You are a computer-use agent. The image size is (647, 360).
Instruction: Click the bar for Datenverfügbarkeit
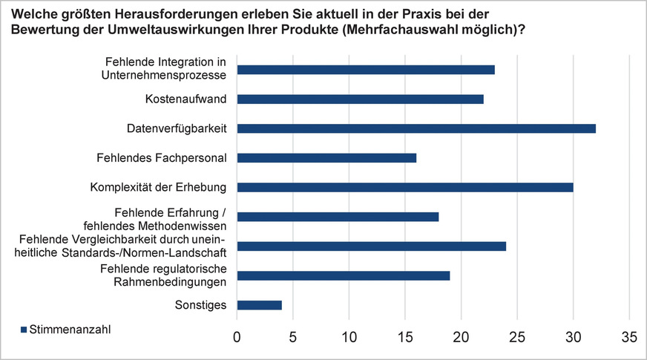pos(416,128)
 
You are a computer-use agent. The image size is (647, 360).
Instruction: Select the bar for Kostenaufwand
pos(360,99)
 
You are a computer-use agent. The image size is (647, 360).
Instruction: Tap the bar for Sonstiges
pos(259,304)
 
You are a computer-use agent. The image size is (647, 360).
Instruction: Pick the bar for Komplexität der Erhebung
pos(404,187)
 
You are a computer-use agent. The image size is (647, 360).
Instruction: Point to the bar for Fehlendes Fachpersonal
pos(326,157)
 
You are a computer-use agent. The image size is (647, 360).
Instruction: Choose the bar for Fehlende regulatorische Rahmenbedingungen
pos(343,275)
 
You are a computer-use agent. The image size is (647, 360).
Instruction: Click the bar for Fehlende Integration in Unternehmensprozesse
pos(365,70)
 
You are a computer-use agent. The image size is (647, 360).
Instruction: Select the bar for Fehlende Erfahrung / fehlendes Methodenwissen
pos(338,217)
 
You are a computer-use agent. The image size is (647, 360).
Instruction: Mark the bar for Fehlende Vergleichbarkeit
pos(371,246)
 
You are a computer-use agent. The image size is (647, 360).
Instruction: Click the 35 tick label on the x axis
pos(629,337)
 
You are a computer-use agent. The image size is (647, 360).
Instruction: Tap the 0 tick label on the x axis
pos(237,337)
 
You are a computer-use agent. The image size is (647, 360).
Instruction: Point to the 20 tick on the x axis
pos(461,337)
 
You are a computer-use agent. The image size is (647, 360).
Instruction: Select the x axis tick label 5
pos(292,337)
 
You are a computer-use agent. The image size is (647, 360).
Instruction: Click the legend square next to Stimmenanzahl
pos(23,329)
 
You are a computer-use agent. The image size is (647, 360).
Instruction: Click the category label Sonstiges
pos(200,304)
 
